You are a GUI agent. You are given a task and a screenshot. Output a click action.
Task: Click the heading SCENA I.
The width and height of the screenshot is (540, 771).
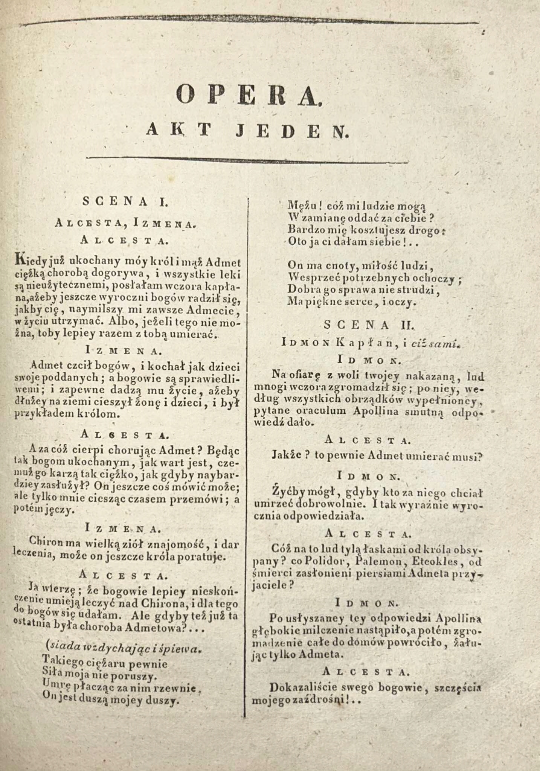pyautogui.click(x=125, y=202)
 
